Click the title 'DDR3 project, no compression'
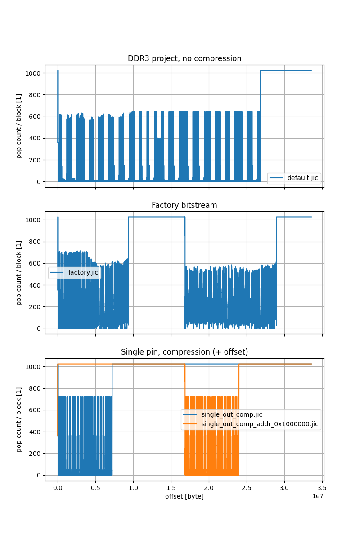[x=184, y=58]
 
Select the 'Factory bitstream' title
[x=184, y=205]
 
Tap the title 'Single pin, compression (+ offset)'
[x=184, y=352]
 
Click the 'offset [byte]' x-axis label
[x=184, y=496]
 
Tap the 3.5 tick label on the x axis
[x=322, y=487]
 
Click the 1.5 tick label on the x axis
[x=171, y=487]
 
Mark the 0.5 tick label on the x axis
[x=95, y=487]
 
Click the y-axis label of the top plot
[x=19, y=126]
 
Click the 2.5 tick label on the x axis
[x=247, y=487]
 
